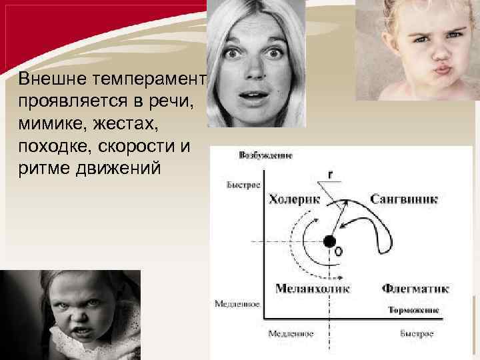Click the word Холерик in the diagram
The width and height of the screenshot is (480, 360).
pos(294,199)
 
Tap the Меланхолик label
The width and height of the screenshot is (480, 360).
pos(313,289)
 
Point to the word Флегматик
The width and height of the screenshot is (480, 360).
pos(415,289)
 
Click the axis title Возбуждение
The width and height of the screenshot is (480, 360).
pos(265,155)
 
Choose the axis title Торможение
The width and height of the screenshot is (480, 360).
pos(413,311)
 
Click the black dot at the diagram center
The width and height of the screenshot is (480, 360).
pos(329,241)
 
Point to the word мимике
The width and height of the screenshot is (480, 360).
pos(50,123)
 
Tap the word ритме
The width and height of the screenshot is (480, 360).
pos(41,167)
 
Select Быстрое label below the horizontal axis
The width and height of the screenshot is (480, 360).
pos(417,332)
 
